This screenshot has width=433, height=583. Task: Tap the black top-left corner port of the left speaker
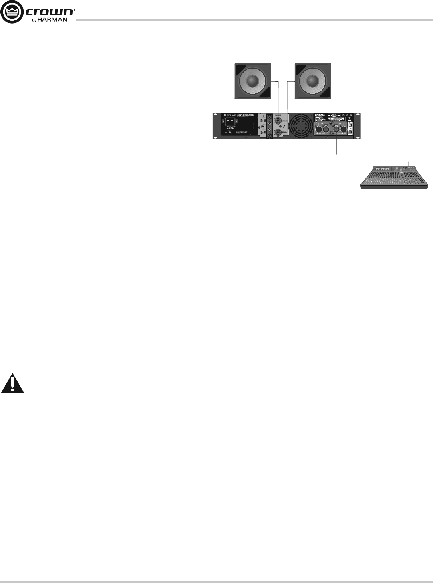(240, 69)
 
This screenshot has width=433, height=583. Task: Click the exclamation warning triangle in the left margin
(13, 383)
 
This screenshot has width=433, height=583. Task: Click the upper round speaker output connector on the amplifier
(278, 119)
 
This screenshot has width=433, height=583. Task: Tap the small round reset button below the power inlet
(230, 132)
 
